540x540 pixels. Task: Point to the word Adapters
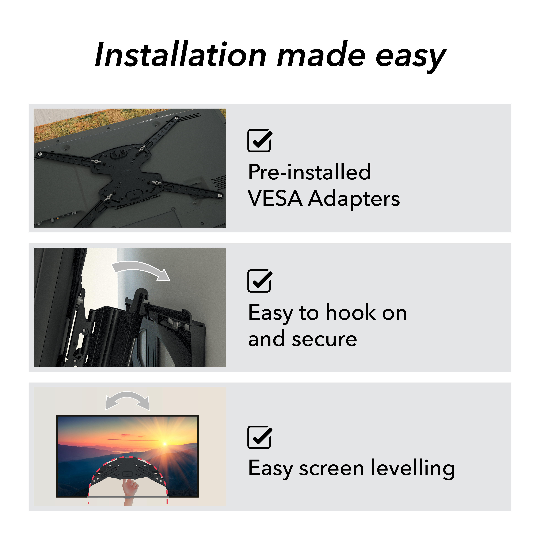(x=354, y=199)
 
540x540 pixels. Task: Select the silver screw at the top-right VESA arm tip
(x=177, y=118)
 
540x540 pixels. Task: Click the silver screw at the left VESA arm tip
(x=40, y=154)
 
